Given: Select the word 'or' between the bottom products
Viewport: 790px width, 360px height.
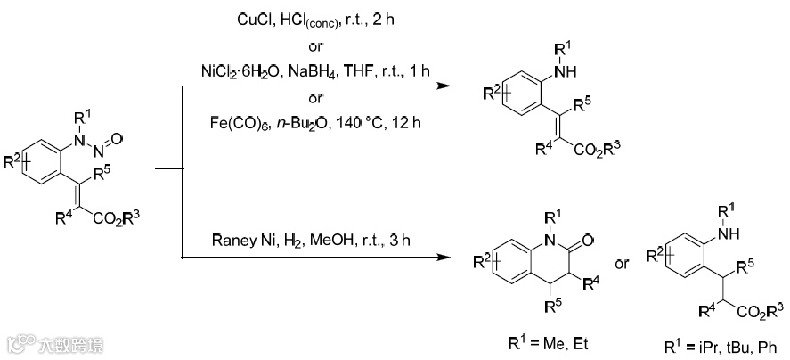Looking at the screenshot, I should [624, 265].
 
